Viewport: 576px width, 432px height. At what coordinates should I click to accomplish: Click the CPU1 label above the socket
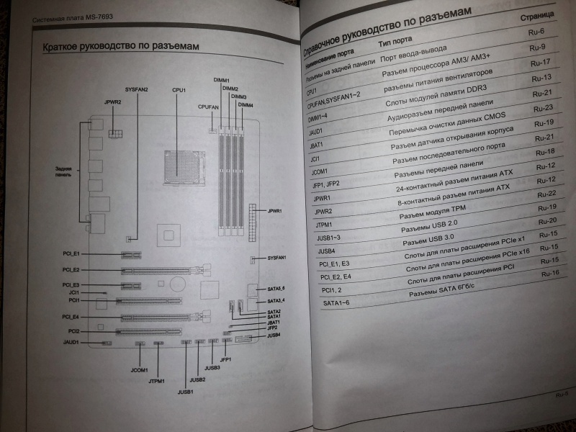pyautogui.click(x=179, y=90)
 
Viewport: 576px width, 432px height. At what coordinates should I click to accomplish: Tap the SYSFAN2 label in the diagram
pyautogui.click(x=135, y=89)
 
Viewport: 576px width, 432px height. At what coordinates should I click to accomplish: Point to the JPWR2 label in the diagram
pyautogui.click(x=112, y=103)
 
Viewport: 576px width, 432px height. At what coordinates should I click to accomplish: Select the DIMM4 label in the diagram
pyautogui.click(x=246, y=105)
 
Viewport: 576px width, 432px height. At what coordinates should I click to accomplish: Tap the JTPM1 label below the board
pyautogui.click(x=157, y=380)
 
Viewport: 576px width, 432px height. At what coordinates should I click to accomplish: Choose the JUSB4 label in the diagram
pyautogui.click(x=274, y=336)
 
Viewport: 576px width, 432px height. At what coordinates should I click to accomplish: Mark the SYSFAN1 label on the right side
pyautogui.click(x=277, y=257)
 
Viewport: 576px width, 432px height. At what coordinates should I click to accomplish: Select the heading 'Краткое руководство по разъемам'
pyautogui.click(x=121, y=48)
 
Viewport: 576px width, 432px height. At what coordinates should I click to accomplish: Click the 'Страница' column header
pyautogui.click(x=537, y=15)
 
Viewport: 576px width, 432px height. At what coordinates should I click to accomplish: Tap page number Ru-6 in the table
pyautogui.click(x=537, y=32)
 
